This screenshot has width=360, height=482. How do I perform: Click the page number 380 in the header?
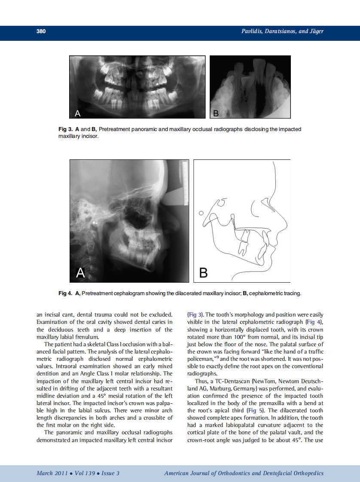click(x=41, y=31)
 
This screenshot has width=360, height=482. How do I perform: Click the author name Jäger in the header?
click(x=315, y=31)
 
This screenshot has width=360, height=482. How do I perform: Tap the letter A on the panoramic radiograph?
click(x=78, y=113)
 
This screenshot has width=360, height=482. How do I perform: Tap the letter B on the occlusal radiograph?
click(x=216, y=113)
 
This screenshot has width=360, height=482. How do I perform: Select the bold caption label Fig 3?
click(x=66, y=129)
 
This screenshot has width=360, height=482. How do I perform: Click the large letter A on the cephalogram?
click(x=81, y=272)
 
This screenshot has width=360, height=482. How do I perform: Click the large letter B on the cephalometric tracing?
click(x=204, y=273)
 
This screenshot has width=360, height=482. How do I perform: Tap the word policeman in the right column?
click(x=202, y=358)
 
